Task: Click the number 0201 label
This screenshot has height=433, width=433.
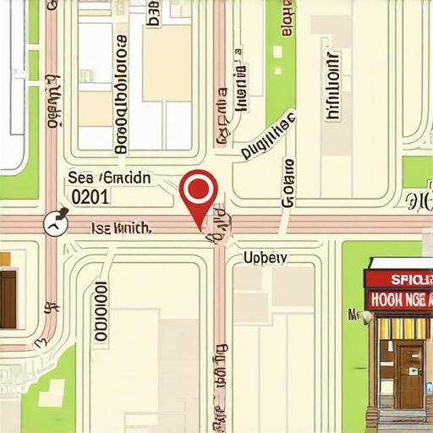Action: tap(90, 197)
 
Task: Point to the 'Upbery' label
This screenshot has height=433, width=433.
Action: tap(265, 257)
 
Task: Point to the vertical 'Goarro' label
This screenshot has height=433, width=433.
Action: tap(288, 182)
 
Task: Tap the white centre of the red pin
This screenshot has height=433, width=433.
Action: tap(199, 187)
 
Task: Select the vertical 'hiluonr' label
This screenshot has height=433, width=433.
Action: tap(332, 87)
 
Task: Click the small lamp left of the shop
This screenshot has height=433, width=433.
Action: tap(364, 318)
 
